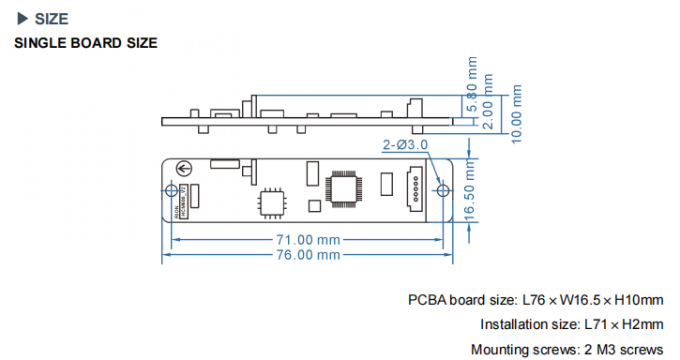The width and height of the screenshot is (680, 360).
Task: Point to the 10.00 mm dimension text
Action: pos(517,113)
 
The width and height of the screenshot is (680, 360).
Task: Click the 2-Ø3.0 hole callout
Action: pos(405,145)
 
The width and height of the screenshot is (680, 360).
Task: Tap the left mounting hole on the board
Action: pos(172,189)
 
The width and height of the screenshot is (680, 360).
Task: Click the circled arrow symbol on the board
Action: pos(185,170)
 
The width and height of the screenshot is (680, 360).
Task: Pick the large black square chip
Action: pos(346,186)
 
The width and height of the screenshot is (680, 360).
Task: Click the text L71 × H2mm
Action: pos(622,325)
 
